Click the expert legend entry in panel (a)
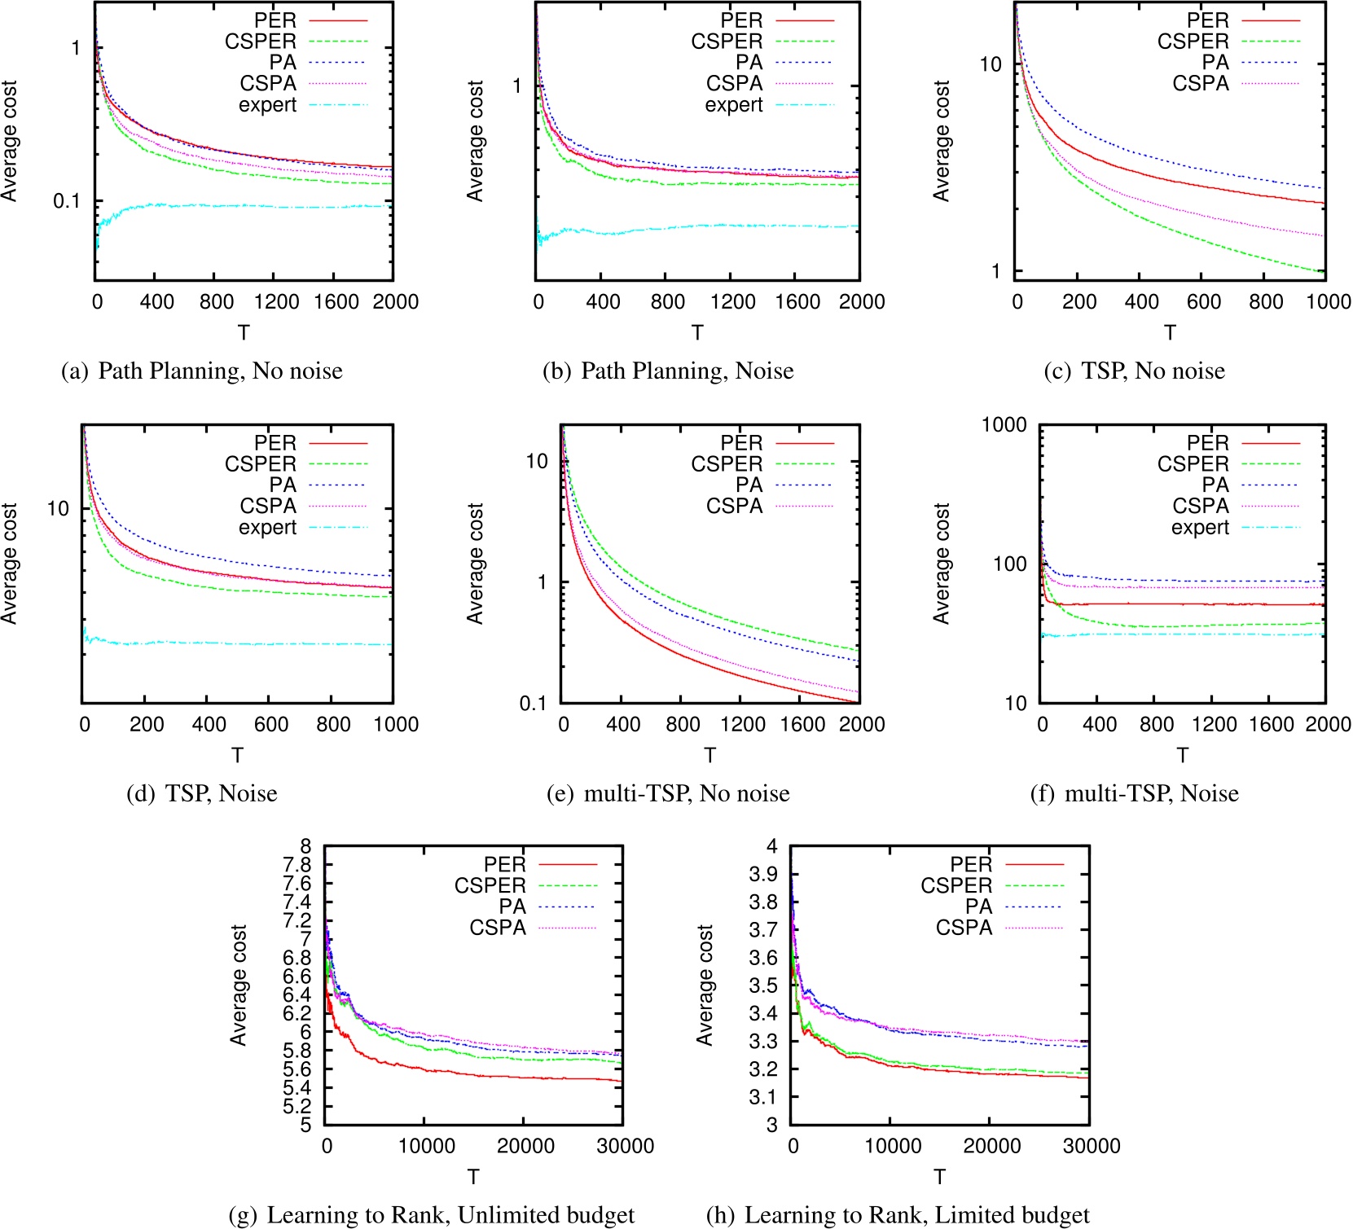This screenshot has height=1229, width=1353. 267,105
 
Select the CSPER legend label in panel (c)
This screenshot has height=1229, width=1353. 1193,42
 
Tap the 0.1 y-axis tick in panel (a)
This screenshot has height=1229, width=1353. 67,200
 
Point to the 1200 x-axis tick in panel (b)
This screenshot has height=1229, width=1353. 732,302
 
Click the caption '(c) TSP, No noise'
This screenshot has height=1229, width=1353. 1134,371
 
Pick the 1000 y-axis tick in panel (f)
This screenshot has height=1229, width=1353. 1004,425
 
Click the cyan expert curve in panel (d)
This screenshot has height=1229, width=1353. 244,643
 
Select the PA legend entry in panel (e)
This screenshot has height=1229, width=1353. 749,485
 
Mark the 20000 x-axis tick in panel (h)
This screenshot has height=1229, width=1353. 991,1146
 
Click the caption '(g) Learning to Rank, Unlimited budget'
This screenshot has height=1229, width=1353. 432,1215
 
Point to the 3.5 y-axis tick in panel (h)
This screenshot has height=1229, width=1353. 763,985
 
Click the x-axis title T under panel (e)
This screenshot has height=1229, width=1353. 709,756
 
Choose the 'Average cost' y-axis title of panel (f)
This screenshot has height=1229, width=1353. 942,564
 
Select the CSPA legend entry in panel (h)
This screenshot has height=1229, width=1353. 964,928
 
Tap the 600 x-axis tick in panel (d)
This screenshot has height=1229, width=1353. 270,725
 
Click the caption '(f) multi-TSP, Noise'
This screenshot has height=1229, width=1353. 1134,793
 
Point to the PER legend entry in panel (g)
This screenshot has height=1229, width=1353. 504,864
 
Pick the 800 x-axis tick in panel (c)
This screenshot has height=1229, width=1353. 1266,302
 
